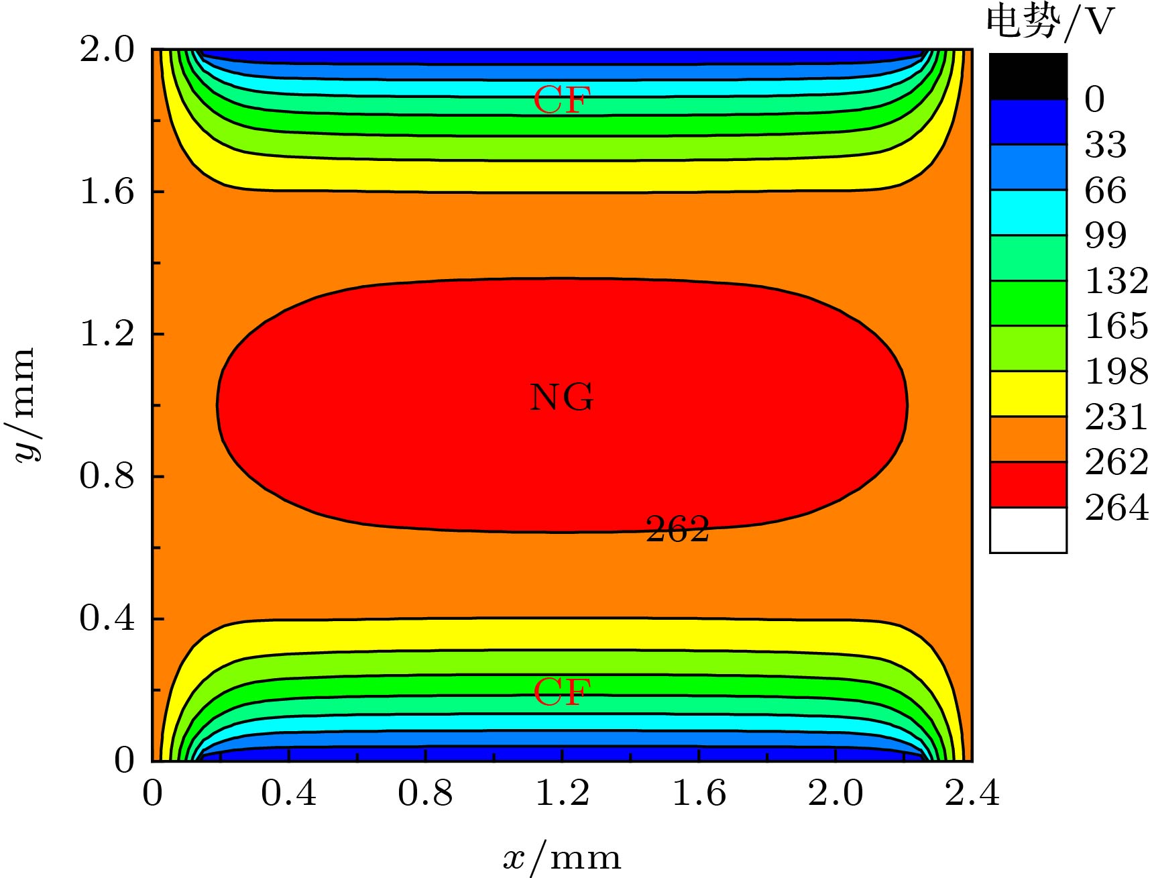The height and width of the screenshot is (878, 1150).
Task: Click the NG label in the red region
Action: (x=561, y=397)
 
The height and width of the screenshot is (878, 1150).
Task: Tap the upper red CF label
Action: (x=561, y=101)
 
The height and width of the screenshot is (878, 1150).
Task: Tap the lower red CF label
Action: (x=562, y=692)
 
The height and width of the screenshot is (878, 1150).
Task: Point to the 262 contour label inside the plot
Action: (x=677, y=529)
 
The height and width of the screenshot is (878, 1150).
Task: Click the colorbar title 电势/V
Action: (x=1049, y=21)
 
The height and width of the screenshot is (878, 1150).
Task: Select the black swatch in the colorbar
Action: (x=1028, y=76)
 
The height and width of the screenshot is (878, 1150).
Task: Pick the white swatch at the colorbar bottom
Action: (x=1028, y=530)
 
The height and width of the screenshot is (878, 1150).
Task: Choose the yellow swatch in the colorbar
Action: (x=1028, y=394)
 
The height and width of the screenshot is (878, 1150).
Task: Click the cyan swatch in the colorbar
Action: (x=1028, y=212)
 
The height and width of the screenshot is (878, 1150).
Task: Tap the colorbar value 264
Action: (x=1116, y=508)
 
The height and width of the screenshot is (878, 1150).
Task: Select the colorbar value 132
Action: (x=1116, y=280)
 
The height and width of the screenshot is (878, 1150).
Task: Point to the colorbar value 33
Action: (x=1106, y=144)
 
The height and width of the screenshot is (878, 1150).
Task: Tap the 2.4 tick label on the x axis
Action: (x=972, y=793)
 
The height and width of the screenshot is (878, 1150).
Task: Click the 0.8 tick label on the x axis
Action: (x=425, y=793)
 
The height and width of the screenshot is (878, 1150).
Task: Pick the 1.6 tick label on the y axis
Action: (x=107, y=192)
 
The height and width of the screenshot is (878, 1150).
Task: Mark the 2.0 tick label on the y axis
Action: (x=107, y=50)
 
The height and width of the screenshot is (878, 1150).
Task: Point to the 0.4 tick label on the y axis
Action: (x=107, y=618)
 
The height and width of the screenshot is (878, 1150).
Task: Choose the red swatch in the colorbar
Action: (x=1028, y=484)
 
